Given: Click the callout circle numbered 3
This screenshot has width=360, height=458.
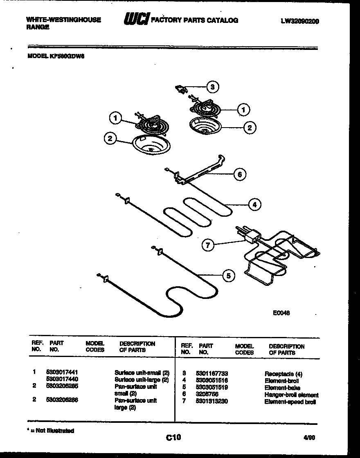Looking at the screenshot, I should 211,87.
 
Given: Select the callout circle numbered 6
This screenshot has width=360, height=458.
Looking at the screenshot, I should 240,174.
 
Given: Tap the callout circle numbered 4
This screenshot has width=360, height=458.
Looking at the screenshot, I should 254,204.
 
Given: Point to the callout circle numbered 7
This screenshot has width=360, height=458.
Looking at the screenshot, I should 208,245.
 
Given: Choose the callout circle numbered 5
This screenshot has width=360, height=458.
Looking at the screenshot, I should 228,276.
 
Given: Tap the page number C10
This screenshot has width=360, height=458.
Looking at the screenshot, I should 173,438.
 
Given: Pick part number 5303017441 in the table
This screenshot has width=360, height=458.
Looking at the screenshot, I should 63,372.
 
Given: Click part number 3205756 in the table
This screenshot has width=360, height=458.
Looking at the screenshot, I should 207,394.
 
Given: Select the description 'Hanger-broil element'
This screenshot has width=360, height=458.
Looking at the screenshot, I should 291,395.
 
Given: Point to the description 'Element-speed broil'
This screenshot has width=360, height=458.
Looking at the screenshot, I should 290,402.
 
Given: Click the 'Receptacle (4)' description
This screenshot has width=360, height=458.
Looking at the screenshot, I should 283,374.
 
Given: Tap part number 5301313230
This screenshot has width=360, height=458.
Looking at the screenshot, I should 211,401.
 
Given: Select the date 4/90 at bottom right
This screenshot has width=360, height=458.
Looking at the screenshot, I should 309,437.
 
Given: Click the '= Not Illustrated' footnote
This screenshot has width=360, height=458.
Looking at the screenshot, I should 51,431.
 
